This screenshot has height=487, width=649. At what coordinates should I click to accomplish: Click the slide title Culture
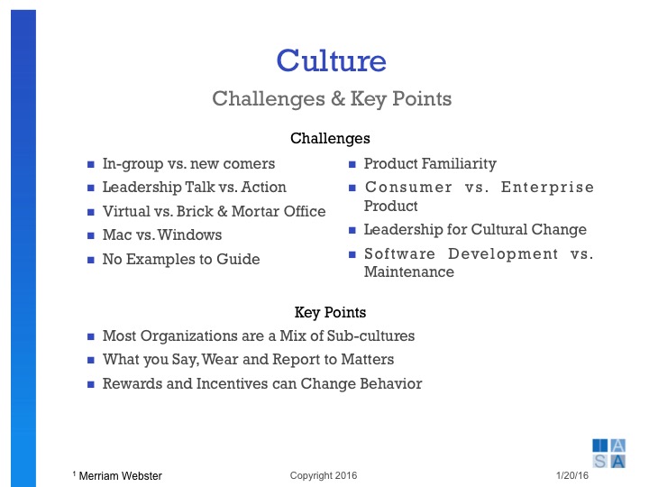point(331,60)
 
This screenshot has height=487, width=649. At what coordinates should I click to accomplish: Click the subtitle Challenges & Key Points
point(331,97)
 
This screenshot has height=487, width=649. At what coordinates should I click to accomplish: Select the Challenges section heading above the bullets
point(330,139)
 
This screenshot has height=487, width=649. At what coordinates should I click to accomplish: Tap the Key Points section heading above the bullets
point(330,313)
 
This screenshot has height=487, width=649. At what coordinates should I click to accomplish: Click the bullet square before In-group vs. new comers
point(91,165)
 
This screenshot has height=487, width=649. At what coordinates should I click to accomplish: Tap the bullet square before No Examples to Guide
point(91,261)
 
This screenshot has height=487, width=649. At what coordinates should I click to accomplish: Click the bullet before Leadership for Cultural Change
point(352,231)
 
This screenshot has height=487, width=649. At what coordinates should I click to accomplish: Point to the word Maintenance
point(408,271)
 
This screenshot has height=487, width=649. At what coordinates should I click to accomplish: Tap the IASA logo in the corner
point(608,453)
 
